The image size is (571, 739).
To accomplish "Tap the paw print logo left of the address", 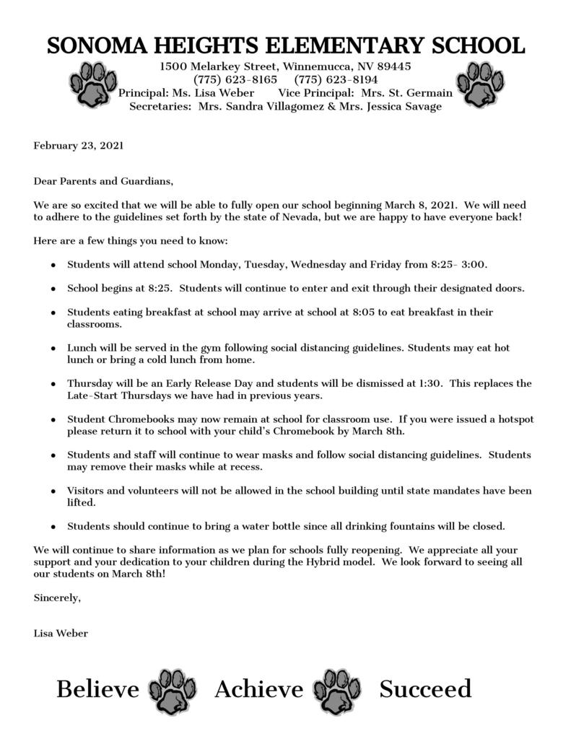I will [92, 84].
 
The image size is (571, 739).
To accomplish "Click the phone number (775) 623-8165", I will [235, 79].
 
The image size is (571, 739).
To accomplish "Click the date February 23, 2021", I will [79, 145].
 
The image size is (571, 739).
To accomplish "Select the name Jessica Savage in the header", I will [406, 106].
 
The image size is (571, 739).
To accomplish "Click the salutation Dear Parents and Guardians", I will [104, 181].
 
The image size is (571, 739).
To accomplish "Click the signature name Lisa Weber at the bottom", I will [61, 634].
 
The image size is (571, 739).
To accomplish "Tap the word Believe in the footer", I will [97, 689].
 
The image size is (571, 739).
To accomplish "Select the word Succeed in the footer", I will [425, 689].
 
